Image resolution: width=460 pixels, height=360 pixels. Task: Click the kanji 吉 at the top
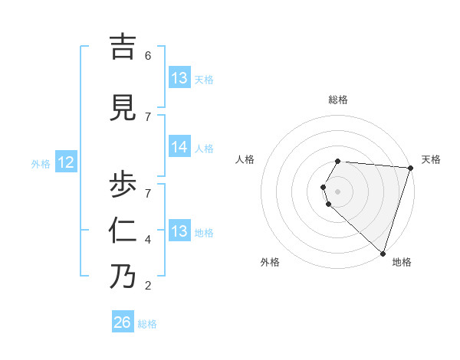123,47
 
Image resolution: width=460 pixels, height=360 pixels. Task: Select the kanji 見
123,108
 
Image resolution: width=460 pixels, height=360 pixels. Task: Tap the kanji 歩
123,184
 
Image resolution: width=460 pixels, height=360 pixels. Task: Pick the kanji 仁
123,231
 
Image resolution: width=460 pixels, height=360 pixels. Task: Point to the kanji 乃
123,276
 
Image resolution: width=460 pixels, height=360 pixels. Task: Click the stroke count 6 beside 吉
148,56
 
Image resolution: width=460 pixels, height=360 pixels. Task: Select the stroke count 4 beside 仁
148,240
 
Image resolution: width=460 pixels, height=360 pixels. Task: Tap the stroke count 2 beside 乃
148,286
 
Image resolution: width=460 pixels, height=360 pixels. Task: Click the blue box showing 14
179,147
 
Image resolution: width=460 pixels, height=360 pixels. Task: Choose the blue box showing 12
66,162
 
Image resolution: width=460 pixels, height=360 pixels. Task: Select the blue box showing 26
122,322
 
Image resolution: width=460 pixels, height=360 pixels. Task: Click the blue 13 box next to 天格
179,78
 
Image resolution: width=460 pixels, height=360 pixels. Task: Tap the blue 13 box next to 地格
179,231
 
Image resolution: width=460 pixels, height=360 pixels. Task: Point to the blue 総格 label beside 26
147,324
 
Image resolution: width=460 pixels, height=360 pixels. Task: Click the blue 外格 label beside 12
41,163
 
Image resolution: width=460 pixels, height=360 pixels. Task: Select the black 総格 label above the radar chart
337,100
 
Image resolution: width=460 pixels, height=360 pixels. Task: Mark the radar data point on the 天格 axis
410,168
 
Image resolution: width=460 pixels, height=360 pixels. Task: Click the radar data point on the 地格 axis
383,253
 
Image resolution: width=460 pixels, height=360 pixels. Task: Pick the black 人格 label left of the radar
245,159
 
